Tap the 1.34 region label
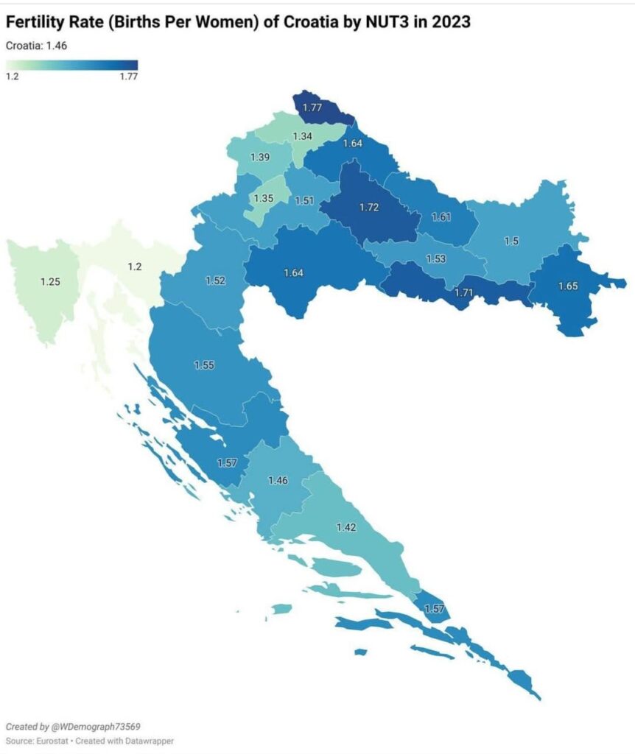[303, 137]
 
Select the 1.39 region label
[260, 158]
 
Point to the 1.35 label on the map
[264, 199]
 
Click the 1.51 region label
[305, 200]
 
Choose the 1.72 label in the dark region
[369, 208]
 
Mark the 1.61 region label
[441, 216]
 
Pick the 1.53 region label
[436, 259]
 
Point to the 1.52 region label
[215, 281]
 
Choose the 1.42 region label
[346, 527]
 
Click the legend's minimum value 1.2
[13, 76]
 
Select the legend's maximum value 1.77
[128, 76]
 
